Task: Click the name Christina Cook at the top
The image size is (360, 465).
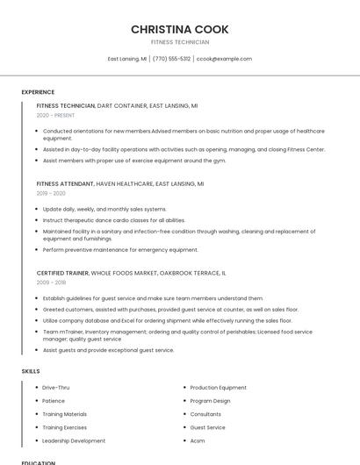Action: [180, 29]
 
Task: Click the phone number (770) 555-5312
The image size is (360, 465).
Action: [171, 59]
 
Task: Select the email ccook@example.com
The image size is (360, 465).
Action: [224, 59]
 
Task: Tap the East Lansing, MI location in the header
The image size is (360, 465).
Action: [127, 59]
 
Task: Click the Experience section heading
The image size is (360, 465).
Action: [38, 91]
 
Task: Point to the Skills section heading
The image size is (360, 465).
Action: [30, 371]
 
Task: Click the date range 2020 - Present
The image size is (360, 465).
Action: [55, 115]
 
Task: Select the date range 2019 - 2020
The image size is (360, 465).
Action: [51, 193]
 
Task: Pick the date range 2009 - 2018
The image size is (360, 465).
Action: [51, 283]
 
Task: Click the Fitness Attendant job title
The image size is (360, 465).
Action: [65, 184]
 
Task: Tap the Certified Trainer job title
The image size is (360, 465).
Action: [62, 273]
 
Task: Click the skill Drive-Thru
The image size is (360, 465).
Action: [55, 387]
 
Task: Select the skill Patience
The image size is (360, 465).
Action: [54, 401]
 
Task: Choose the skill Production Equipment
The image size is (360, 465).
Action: [218, 387]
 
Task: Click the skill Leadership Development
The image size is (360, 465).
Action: [74, 440]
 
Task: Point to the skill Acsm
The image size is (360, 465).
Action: [198, 440]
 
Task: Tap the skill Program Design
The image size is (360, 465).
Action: [210, 401]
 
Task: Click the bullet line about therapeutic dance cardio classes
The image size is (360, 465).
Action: [113, 220]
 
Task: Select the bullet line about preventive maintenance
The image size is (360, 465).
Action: [120, 249]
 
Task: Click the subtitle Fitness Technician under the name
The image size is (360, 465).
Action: [180, 42]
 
